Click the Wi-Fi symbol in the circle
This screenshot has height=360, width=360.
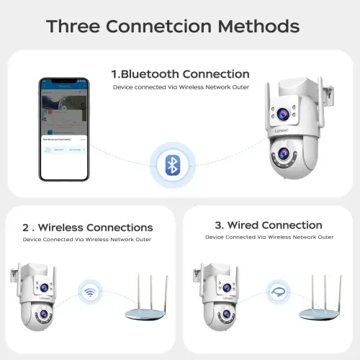click(x=91, y=293)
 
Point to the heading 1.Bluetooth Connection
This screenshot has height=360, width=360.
click(x=180, y=74)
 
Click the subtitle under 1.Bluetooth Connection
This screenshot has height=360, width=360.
click(x=180, y=87)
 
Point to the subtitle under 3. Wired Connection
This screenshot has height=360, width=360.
click(x=269, y=237)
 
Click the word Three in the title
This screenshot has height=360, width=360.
click(x=73, y=27)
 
